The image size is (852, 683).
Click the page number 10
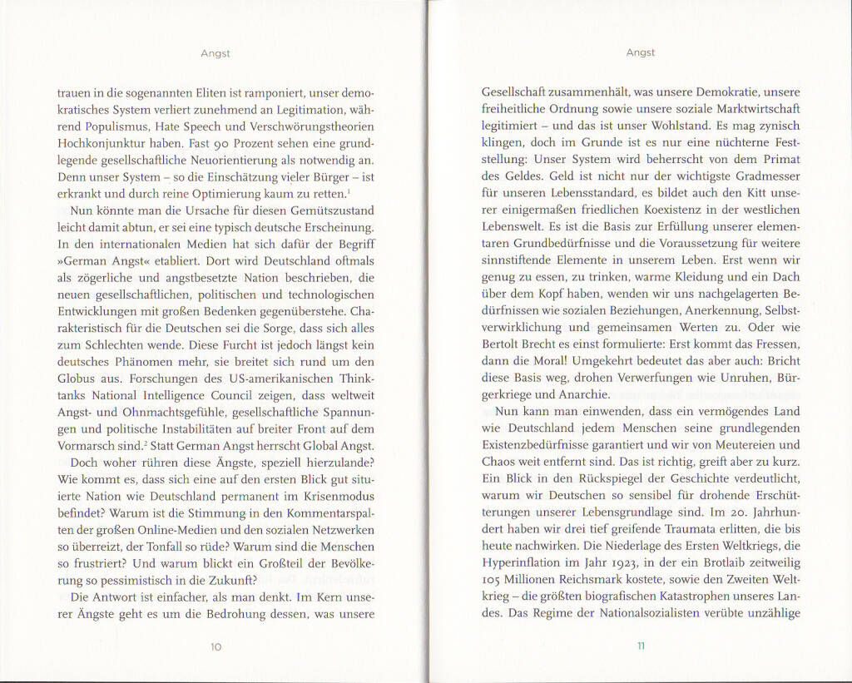[215, 646]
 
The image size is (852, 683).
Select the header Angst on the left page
[215, 53]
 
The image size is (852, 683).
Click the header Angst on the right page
[641, 52]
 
